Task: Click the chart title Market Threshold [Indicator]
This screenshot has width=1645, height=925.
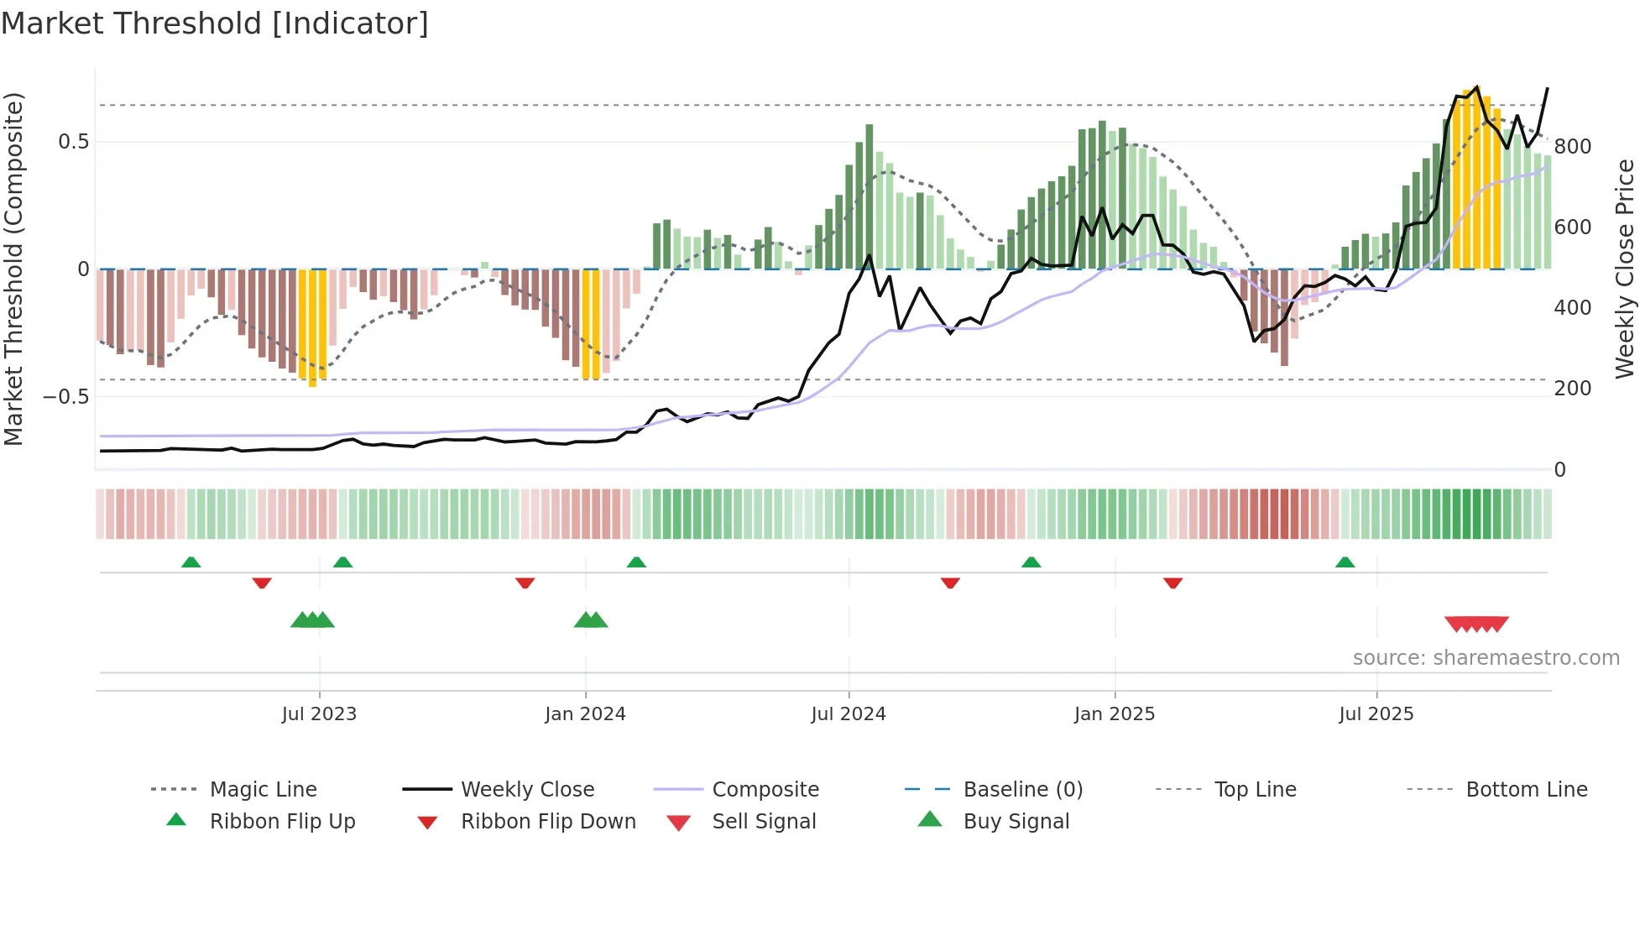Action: click(215, 24)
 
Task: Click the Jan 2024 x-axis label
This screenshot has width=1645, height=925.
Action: click(585, 713)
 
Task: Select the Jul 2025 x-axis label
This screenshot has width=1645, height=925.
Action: click(1376, 713)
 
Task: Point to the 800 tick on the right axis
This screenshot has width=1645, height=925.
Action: click(1572, 147)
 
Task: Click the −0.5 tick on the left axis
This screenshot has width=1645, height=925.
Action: click(65, 396)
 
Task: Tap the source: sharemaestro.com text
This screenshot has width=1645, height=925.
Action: click(1486, 658)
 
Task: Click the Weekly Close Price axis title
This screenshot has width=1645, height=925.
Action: click(1625, 269)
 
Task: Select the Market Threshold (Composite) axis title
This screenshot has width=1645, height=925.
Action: click(13, 269)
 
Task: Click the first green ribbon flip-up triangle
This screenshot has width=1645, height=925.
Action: click(191, 562)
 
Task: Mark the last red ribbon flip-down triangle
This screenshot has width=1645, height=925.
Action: click(1172, 583)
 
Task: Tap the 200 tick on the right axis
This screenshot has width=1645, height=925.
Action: click(1572, 389)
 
